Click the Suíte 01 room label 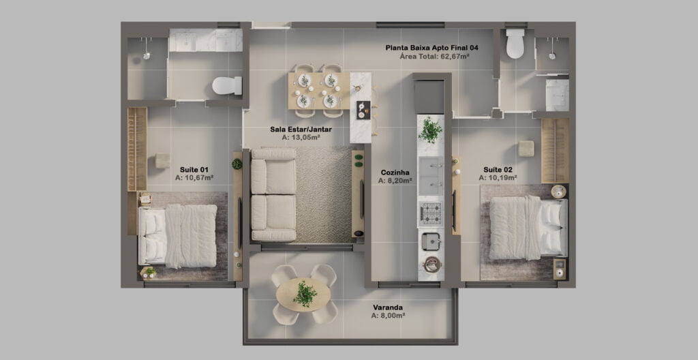(x=194, y=169)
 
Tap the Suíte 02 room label (x=498, y=169)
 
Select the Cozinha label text (x=395, y=172)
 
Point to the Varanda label (x=388, y=307)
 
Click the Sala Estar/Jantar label (x=301, y=130)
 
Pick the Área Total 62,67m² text (x=435, y=56)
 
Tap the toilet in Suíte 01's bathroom (x=227, y=85)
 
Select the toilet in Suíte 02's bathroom (x=515, y=44)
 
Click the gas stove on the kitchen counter (x=431, y=213)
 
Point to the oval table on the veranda (x=303, y=295)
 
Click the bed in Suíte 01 (x=178, y=236)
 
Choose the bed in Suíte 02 (x=528, y=228)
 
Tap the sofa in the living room (x=273, y=195)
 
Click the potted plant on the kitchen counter (x=430, y=130)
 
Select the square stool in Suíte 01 (x=162, y=160)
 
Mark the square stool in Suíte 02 (x=526, y=149)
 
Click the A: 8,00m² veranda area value (x=388, y=316)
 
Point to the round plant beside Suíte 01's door (x=237, y=164)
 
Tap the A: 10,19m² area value (x=498, y=177)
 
